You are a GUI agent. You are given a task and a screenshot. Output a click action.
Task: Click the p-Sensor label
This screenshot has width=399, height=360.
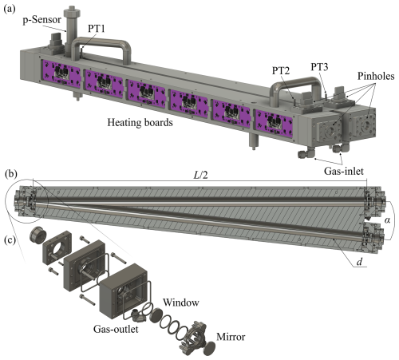[42, 20]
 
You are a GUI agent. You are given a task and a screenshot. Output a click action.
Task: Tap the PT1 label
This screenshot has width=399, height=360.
[97, 29]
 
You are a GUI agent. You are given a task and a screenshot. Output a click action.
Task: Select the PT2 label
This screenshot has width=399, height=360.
[281, 70]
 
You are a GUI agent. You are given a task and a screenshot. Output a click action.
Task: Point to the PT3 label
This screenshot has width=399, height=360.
[319, 67]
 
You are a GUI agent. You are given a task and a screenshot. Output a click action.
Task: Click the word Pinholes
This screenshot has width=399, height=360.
[376, 76]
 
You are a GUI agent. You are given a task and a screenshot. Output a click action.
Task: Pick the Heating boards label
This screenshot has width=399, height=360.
[140, 122]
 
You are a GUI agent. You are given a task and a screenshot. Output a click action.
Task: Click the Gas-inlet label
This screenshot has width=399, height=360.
[344, 171]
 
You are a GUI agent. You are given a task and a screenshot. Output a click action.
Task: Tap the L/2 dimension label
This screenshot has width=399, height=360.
[200, 175]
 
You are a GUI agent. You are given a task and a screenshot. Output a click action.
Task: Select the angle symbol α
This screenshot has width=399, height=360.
[387, 220]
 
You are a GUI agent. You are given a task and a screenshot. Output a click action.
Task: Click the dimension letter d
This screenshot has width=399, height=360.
[359, 262]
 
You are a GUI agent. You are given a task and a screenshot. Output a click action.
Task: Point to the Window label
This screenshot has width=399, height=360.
[181, 303]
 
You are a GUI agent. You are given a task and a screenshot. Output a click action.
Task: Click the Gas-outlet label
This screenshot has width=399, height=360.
[116, 329]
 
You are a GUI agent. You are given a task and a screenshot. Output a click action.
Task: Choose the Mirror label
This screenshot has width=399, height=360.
[231, 337]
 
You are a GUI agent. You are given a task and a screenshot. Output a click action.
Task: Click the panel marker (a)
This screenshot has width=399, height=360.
[10, 9]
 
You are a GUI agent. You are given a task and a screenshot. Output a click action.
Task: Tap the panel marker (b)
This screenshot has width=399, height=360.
[11, 174]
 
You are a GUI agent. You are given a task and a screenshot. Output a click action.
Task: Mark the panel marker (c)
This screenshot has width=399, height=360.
[10, 239]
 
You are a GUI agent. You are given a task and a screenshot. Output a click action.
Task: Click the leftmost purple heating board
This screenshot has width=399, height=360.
[61, 74]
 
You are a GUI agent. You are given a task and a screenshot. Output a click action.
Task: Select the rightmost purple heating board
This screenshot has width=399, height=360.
[275, 123]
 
